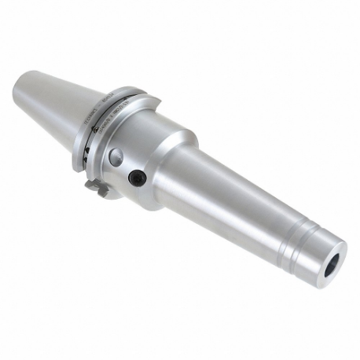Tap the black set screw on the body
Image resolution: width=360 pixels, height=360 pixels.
pyautogui.click(x=137, y=178)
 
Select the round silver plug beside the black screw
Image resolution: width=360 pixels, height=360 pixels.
pyautogui.click(x=116, y=155)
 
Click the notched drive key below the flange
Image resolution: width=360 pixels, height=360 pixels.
pyautogui.click(x=94, y=186)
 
